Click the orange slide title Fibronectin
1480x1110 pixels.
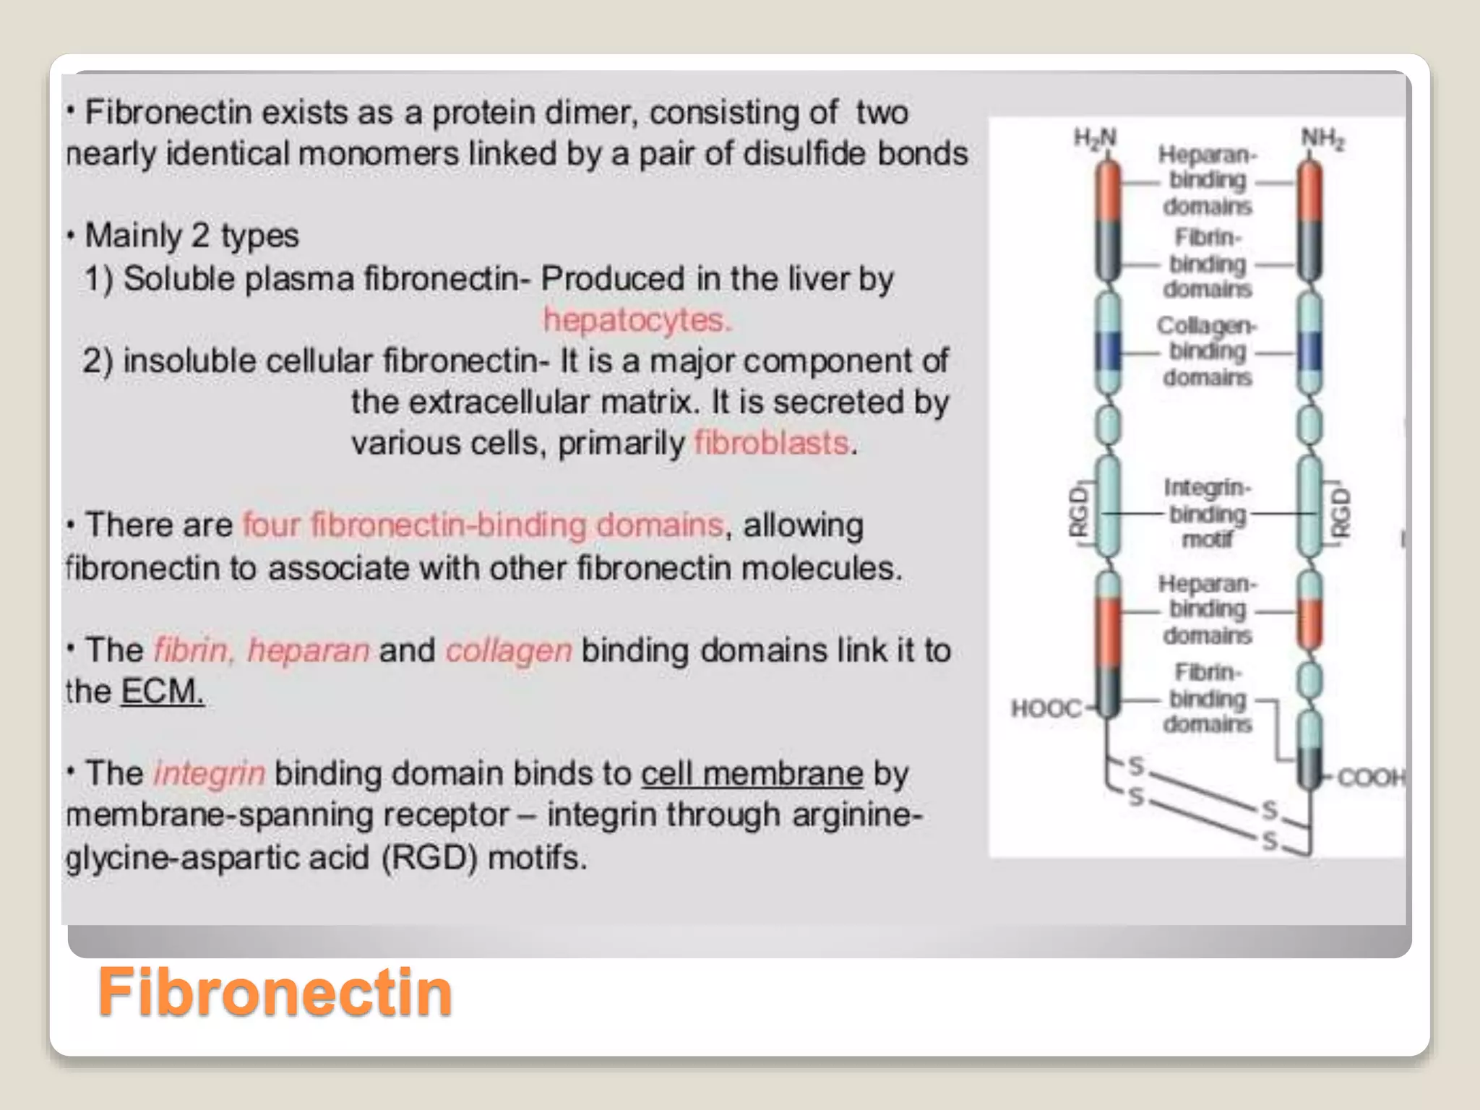[275, 991]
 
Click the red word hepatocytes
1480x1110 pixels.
[637, 319]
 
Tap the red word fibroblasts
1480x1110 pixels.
[771, 443]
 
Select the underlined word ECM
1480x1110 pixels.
[162, 692]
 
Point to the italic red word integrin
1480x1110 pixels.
[210, 773]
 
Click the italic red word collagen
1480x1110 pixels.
[509, 650]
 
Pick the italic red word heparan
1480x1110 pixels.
[309, 650]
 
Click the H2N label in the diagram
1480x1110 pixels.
[1095, 137]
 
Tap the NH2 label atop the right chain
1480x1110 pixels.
[1322, 137]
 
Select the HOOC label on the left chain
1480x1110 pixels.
[1046, 708]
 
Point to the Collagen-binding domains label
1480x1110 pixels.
[1207, 351]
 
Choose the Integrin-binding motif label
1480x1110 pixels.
[1207, 513]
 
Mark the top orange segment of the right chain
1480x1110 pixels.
[1309, 192]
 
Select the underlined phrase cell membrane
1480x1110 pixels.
[752, 773]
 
